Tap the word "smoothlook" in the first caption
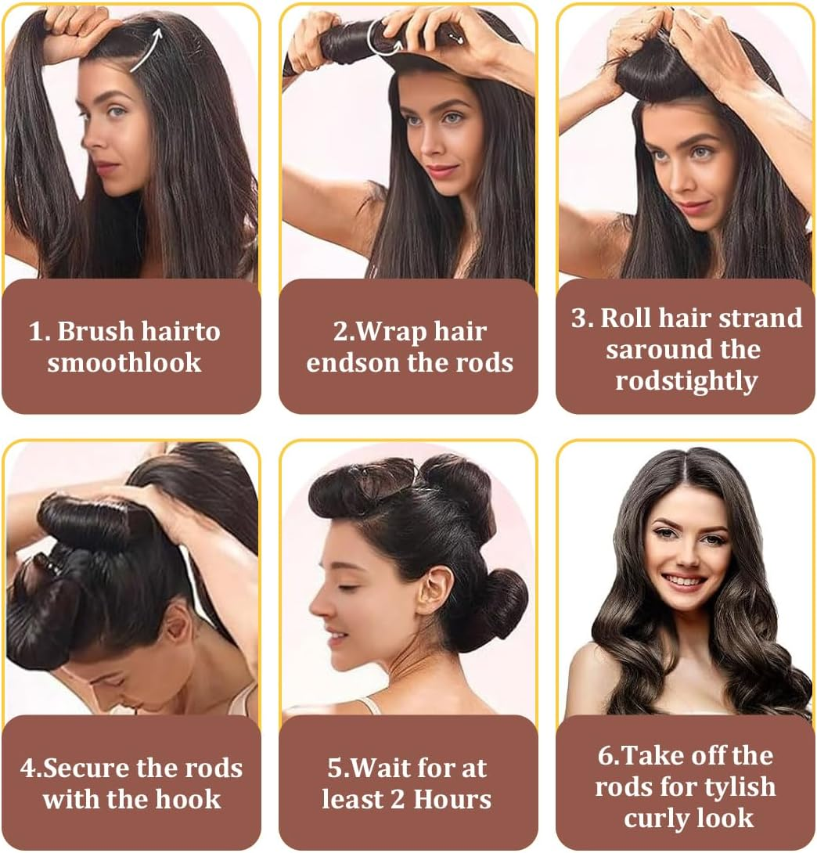(x=124, y=363)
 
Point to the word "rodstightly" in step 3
(x=686, y=381)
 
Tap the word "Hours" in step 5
(x=452, y=799)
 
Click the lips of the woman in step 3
(x=692, y=207)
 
